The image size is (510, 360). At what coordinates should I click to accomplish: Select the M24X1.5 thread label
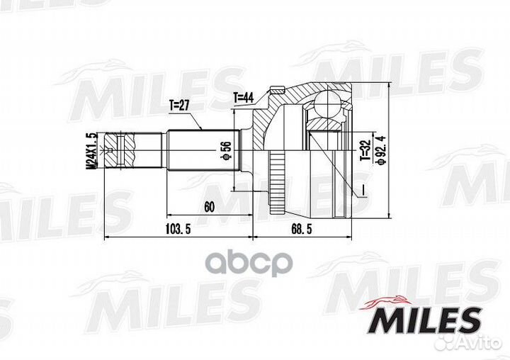pyautogui.click(x=90, y=150)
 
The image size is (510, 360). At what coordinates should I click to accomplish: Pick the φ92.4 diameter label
pyautogui.click(x=382, y=149)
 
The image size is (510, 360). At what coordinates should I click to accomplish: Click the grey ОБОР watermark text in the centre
pyautogui.click(x=255, y=264)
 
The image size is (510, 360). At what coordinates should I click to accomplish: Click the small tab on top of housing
pyautogui.click(x=276, y=91)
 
